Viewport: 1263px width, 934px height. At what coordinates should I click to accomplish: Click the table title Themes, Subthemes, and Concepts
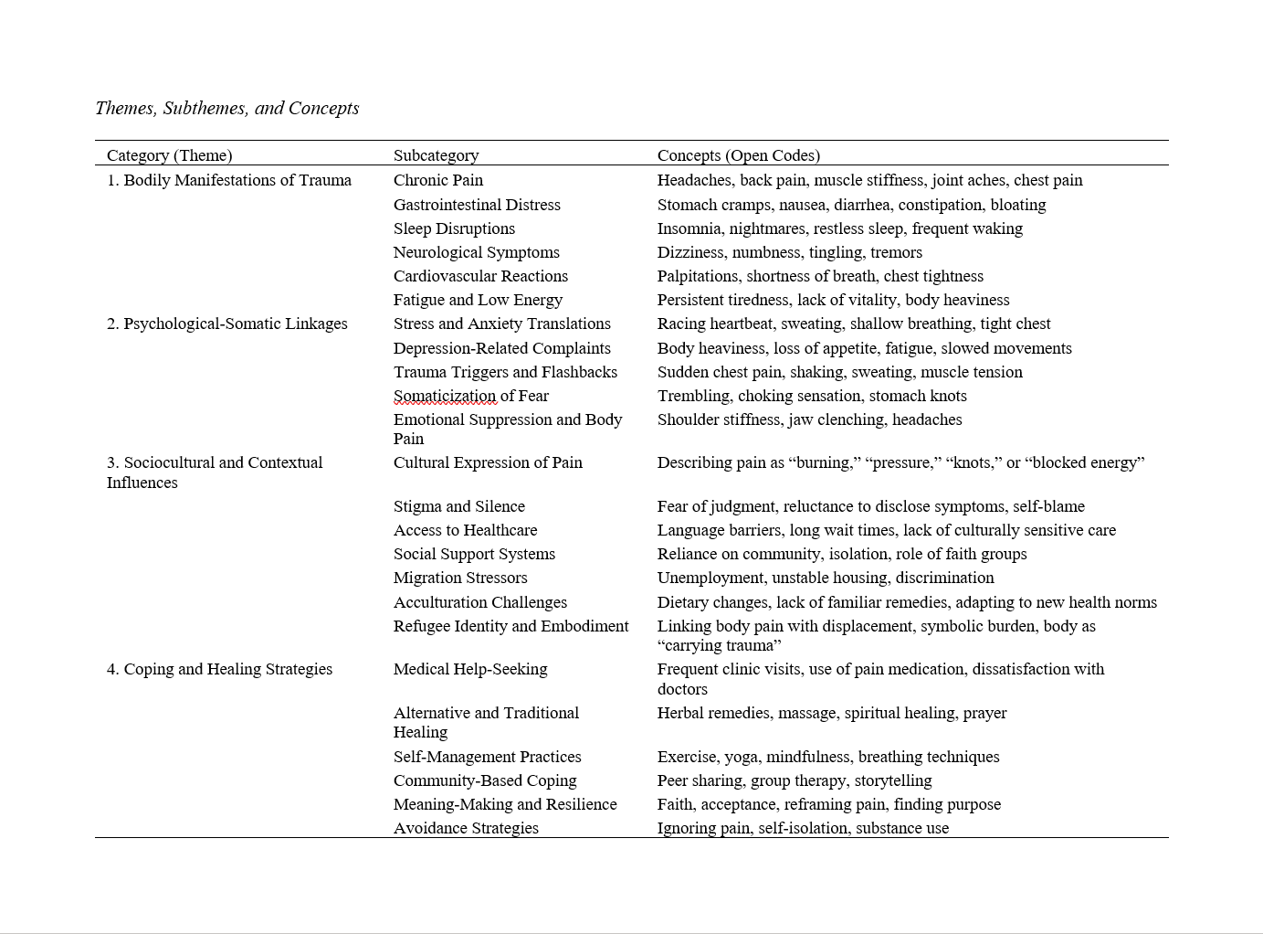[227, 108]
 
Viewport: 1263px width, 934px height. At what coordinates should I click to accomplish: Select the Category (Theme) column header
[169, 155]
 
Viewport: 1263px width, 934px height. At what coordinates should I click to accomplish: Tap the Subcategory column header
[436, 155]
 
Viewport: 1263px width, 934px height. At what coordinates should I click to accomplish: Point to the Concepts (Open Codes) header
[738, 155]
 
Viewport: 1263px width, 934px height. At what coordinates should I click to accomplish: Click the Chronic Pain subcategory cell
[438, 180]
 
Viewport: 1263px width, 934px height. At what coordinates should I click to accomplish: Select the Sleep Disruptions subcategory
[454, 228]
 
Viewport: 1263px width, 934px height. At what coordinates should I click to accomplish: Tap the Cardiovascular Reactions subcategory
[480, 276]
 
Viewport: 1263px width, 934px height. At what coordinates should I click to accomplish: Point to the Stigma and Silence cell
[459, 506]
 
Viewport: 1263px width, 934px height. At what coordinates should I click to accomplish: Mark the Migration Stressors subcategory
[460, 578]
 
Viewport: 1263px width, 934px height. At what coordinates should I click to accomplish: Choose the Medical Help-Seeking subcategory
[470, 669]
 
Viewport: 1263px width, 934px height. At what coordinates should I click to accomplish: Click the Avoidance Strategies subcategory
[466, 828]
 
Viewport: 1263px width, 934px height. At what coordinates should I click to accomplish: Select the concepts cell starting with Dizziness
[789, 252]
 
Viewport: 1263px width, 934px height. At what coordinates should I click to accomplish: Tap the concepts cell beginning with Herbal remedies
[831, 713]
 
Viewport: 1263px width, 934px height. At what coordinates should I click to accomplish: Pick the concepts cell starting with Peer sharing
[794, 780]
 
